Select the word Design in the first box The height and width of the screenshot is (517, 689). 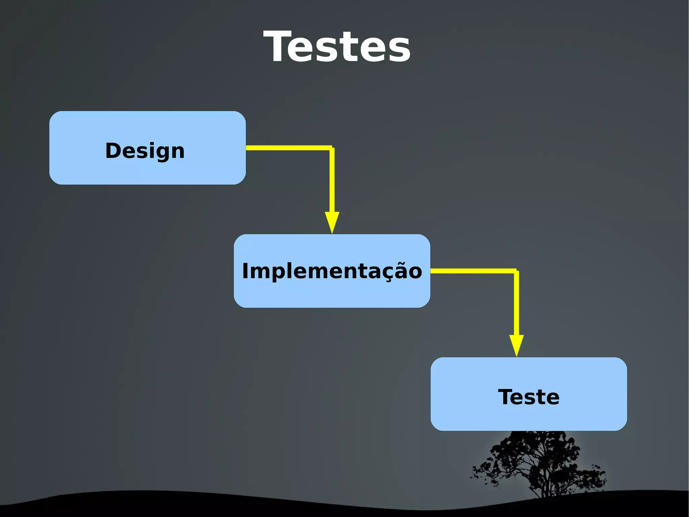tap(145, 151)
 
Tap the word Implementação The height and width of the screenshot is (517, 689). tap(332, 271)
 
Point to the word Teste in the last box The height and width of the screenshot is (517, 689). tap(529, 397)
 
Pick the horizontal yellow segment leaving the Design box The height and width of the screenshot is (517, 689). tap(288, 148)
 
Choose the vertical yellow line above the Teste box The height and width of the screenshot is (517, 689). tap(516, 303)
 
